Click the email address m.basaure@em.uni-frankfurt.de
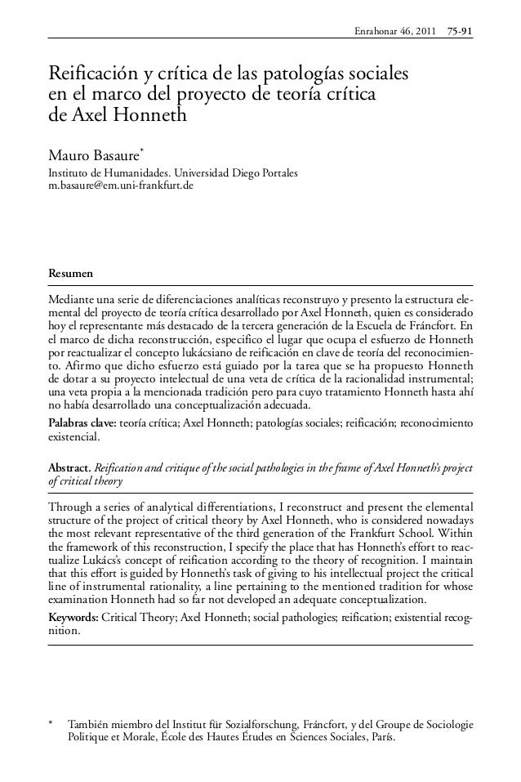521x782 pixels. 122,187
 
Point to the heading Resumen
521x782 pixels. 71,271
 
